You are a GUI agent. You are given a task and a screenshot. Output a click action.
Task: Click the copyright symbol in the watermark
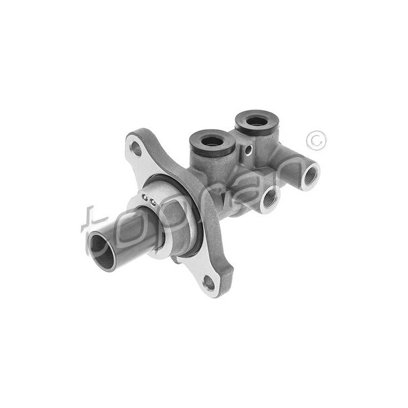point(316,141)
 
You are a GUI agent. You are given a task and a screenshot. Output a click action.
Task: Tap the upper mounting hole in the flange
point(136,149)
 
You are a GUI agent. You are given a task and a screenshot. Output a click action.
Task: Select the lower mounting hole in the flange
point(209,283)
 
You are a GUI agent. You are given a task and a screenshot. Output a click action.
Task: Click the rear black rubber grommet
point(257,122)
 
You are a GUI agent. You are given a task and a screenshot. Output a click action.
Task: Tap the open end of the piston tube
point(102,252)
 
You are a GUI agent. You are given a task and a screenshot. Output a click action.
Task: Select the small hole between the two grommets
point(249,149)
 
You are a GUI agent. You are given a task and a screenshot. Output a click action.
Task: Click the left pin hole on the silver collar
point(145,198)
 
